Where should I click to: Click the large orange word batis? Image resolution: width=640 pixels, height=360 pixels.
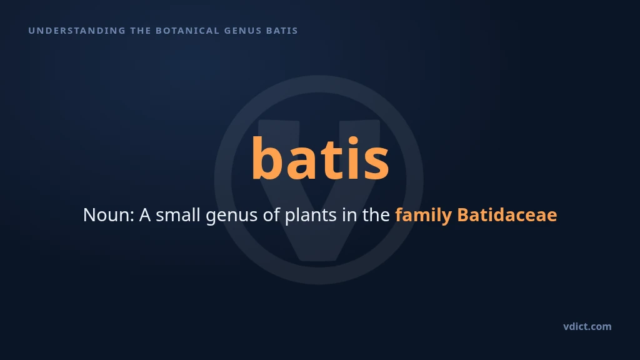320,158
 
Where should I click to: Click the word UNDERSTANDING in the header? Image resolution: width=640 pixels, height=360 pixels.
77,31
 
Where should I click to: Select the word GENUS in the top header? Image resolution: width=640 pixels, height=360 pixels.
243,31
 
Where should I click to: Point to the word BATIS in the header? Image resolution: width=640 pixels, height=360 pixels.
282,31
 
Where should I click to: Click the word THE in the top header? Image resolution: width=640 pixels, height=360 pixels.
141,31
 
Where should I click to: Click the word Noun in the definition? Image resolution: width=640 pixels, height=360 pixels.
106,215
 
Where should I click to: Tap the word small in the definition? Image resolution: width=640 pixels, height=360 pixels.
178,215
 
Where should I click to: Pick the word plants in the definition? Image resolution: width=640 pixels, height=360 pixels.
310,216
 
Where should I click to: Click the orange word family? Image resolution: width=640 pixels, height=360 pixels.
423,216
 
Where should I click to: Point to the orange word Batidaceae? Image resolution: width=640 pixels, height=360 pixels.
507,215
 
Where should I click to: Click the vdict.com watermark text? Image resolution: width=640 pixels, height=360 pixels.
587,326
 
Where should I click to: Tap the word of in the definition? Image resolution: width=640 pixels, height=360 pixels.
271,215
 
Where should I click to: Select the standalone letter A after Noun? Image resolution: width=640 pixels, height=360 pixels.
145,215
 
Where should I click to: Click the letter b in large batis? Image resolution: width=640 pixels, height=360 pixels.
267,158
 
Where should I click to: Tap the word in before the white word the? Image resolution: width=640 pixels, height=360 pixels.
349,215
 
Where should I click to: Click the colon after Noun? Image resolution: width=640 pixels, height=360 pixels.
132,217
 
